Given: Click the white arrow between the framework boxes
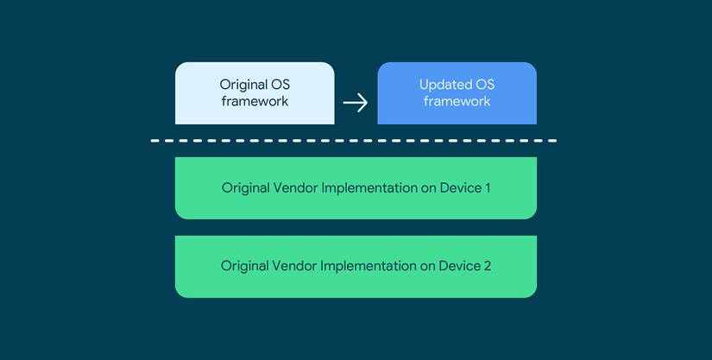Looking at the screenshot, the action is tap(355, 103).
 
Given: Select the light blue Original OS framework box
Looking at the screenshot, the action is tap(255, 93).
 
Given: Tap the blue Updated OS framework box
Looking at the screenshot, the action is tap(457, 93).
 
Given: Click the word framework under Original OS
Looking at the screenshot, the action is tap(255, 101).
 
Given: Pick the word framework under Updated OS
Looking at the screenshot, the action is tap(457, 101).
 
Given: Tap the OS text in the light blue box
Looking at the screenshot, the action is tap(280, 85).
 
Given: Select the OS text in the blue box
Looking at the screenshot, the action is tap(484, 85).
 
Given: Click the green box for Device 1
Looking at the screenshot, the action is tap(356, 188).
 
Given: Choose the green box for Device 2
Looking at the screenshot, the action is tap(356, 267).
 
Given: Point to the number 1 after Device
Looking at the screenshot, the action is tap(488, 188).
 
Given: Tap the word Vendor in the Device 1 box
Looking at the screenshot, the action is tap(295, 188).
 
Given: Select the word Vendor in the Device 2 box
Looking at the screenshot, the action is tap(294, 266).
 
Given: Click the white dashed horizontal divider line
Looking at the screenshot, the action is tap(354, 141).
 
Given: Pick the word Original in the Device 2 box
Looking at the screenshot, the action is tap(245, 267).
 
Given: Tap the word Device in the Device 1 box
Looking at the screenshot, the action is tap(460, 188).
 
